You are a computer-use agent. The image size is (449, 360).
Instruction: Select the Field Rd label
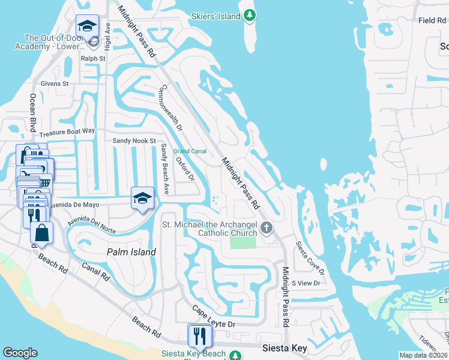[432, 20]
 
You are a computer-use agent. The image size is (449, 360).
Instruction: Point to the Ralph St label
[93, 59]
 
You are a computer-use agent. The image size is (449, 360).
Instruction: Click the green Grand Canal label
[190, 151]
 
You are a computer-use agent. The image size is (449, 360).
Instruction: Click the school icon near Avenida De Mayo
[143, 198]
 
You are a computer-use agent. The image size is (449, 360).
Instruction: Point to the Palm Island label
[131, 252]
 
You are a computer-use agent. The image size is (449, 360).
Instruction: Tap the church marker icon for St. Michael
[267, 227]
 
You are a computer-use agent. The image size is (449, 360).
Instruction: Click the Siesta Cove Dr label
[309, 259]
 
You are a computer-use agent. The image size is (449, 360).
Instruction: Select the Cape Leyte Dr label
[215, 317]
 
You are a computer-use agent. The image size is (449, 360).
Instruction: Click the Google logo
[20, 352]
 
